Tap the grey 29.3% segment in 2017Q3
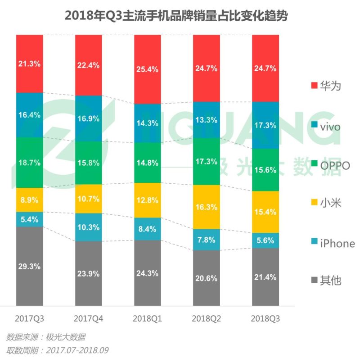click(30, 266)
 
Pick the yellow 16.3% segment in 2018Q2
click(207, 207)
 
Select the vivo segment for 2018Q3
click(265, 125)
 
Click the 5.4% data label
click(30, 219)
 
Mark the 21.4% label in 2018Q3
click(265, 277)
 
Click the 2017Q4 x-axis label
click(89, 318)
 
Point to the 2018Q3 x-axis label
click(265, 318)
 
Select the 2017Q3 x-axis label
click(30, 318)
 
